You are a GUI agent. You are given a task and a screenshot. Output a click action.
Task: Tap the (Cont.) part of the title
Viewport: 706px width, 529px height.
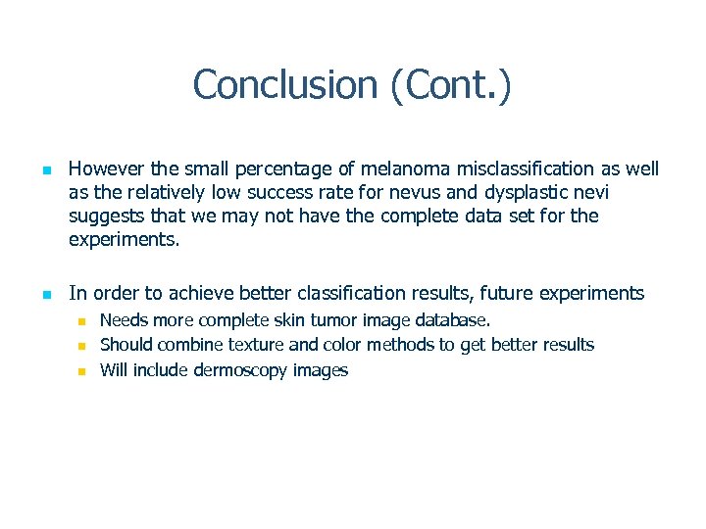tap(450, 84)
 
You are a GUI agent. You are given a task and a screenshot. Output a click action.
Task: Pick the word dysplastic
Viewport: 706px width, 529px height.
tap(522, 192)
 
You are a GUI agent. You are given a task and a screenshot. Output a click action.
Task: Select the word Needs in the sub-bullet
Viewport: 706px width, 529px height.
tap(124, 319)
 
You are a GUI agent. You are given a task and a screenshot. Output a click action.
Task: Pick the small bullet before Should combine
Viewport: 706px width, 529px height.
tap(83, 346)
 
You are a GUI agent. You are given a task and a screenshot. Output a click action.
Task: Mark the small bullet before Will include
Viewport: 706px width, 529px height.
tap(83, 371)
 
